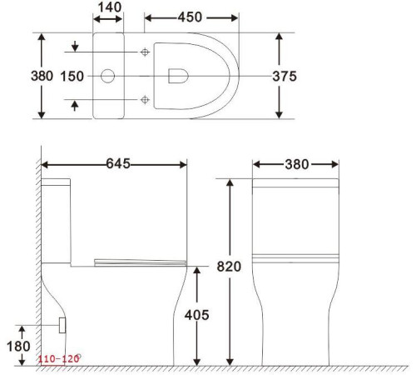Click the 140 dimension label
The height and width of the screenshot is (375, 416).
[110, 7]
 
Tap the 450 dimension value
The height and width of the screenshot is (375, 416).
[190, 17]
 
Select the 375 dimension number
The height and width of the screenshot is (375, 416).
[285, 77]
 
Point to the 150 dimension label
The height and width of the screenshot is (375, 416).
[72, 77]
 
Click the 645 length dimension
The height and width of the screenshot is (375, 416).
[118, 163]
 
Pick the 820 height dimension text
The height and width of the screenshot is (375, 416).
[229, 267]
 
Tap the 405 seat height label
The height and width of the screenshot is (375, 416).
[196, 315]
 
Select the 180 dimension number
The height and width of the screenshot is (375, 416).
[18, 347]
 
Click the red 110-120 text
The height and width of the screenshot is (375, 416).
[58, 359]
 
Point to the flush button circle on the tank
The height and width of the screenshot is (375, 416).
[107, 76]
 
